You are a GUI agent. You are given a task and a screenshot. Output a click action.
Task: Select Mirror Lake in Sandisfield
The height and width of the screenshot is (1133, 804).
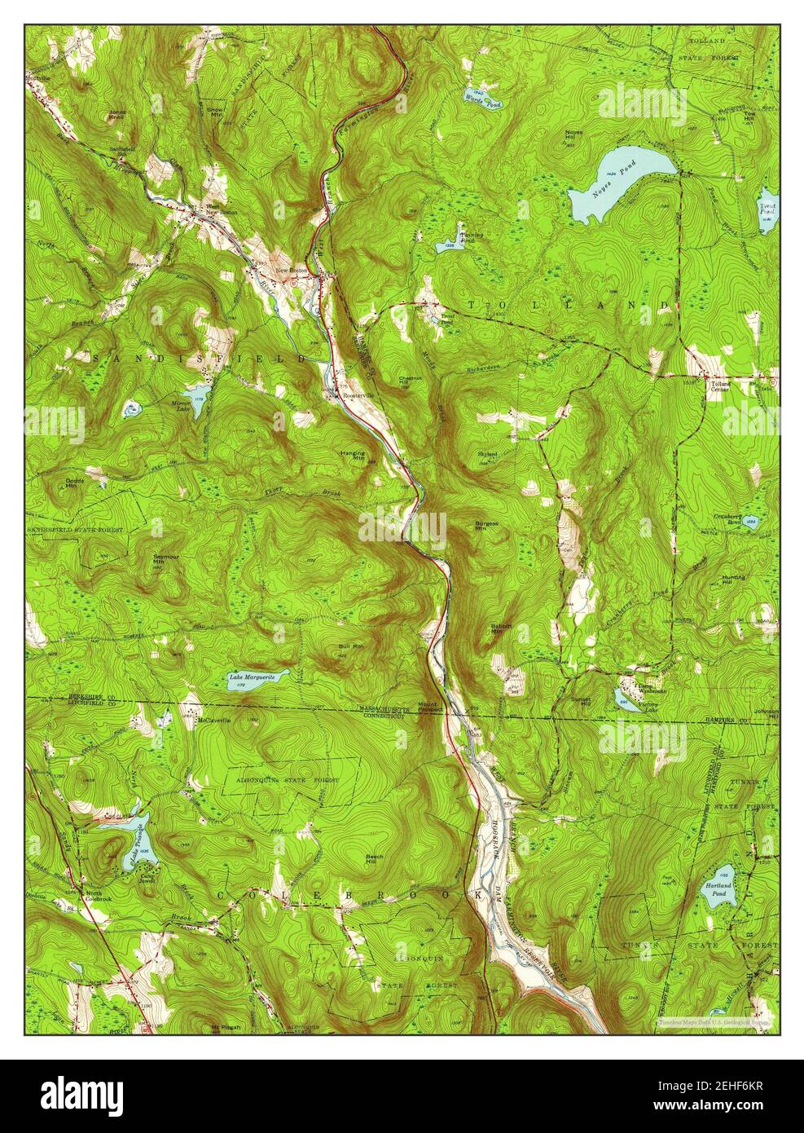point(196,395)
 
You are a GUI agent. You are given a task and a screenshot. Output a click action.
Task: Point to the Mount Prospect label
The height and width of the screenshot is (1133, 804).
point(429,706)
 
